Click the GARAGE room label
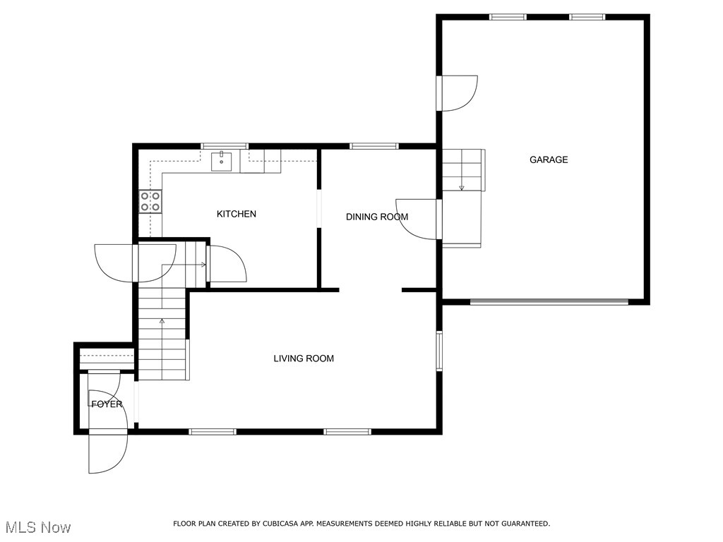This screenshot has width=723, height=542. pyautogui.click(x=549, y=159)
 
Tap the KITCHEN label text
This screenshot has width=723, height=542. pyautogui.click(x=236, y=214)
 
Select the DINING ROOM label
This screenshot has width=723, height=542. pyautogui.click(x=376, y=217)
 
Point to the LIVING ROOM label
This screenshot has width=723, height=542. pyautogui.click(x=304, y=359)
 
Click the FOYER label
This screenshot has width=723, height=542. pyautogui.click(x=107, y=404)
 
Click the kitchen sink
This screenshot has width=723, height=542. pyautogui.click(x=222, y=162)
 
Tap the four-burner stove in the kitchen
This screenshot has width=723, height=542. pyautogui.click(x=150, y=202)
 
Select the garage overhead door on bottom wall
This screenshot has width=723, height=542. pyautogui.click(x=549, y=302)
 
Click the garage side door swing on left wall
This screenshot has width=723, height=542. pyautogui.click(x=458, y=93)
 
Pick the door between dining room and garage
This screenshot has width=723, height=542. pyautogui.click(x=420, y=219)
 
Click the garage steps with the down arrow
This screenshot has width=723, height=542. pyautogui.click(x=462, y=170)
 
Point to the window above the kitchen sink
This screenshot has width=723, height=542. pyautogui.click(x=225, y=146)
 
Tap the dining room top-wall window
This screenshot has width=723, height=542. pyautogui.click(x=374, y=146)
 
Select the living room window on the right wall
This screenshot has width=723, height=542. pyautogui.click(x=439, y=351)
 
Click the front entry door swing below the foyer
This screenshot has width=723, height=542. pyautogui.click(x=107, y=452)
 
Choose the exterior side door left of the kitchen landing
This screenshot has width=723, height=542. pyautogui.click(x=114, y=262)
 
